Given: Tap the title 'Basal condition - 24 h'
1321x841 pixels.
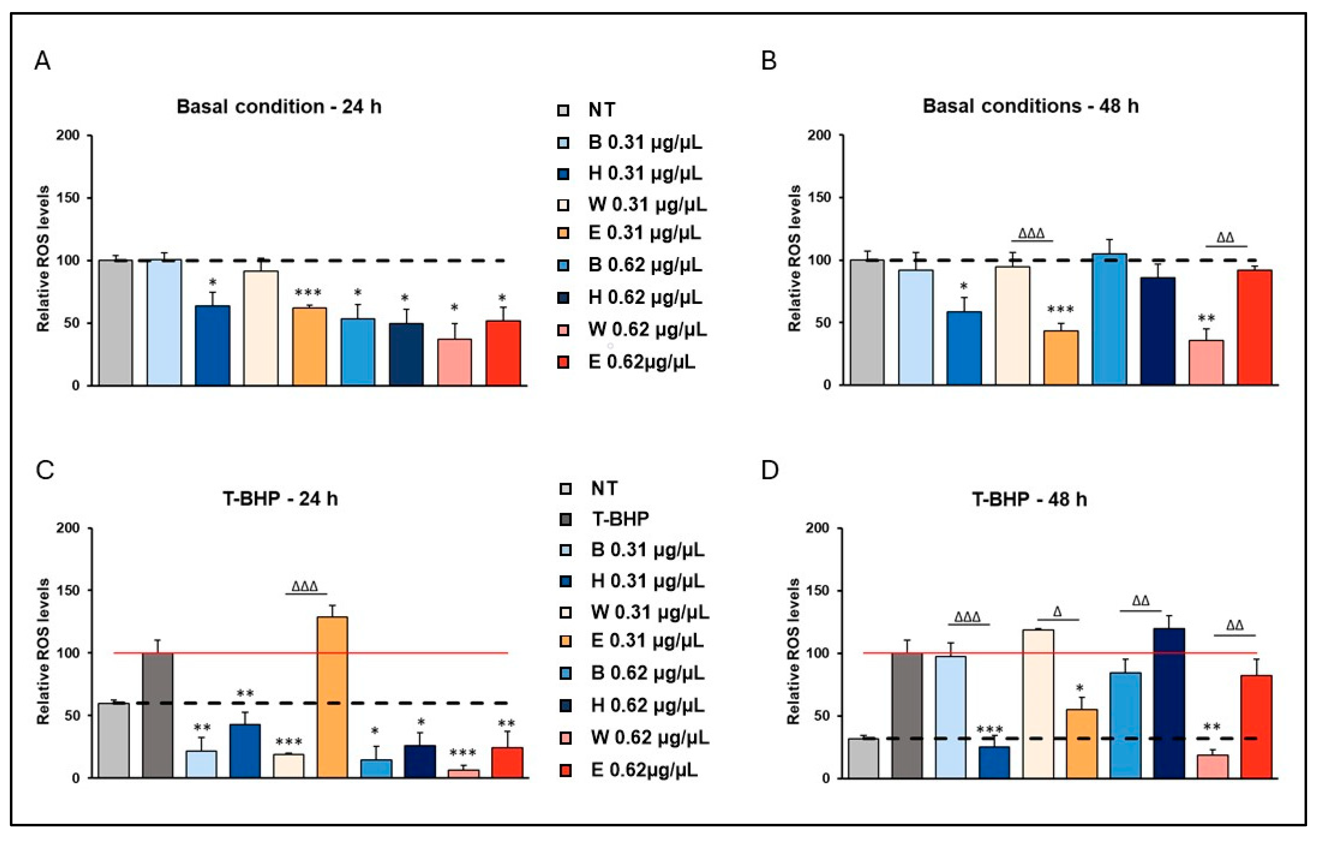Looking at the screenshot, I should [x=279, y=106].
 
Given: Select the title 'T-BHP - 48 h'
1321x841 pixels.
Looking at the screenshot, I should [x=1029, y=499].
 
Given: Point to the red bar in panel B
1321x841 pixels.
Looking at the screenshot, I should [x=1254, y=327].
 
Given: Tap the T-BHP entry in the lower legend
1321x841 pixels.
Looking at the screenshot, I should [x=620, y=519].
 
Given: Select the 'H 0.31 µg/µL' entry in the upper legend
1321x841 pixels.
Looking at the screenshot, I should [x=644, y=173].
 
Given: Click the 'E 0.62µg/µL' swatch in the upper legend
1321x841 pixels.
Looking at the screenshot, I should [x=563, y=362].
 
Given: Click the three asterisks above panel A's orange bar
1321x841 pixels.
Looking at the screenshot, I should [x=308, y=293].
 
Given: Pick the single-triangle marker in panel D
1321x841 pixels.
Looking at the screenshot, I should [x=1058, y=611].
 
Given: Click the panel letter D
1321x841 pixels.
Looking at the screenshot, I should [x=770, y=471].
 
